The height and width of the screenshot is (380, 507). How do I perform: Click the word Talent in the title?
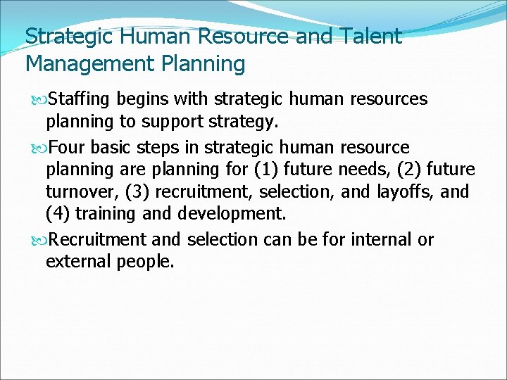click(x=370, y=36)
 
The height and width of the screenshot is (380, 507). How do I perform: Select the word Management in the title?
click(x=84, y=64)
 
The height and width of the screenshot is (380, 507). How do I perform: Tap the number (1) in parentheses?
click(x=265, y=170)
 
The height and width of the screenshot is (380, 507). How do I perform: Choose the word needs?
click(x=361, y=170)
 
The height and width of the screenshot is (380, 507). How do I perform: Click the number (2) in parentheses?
click(x=407, y=170)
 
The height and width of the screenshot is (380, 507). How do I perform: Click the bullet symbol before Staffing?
click(x=39, y=100)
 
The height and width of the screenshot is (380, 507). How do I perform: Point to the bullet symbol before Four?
click(x=39, y=148)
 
